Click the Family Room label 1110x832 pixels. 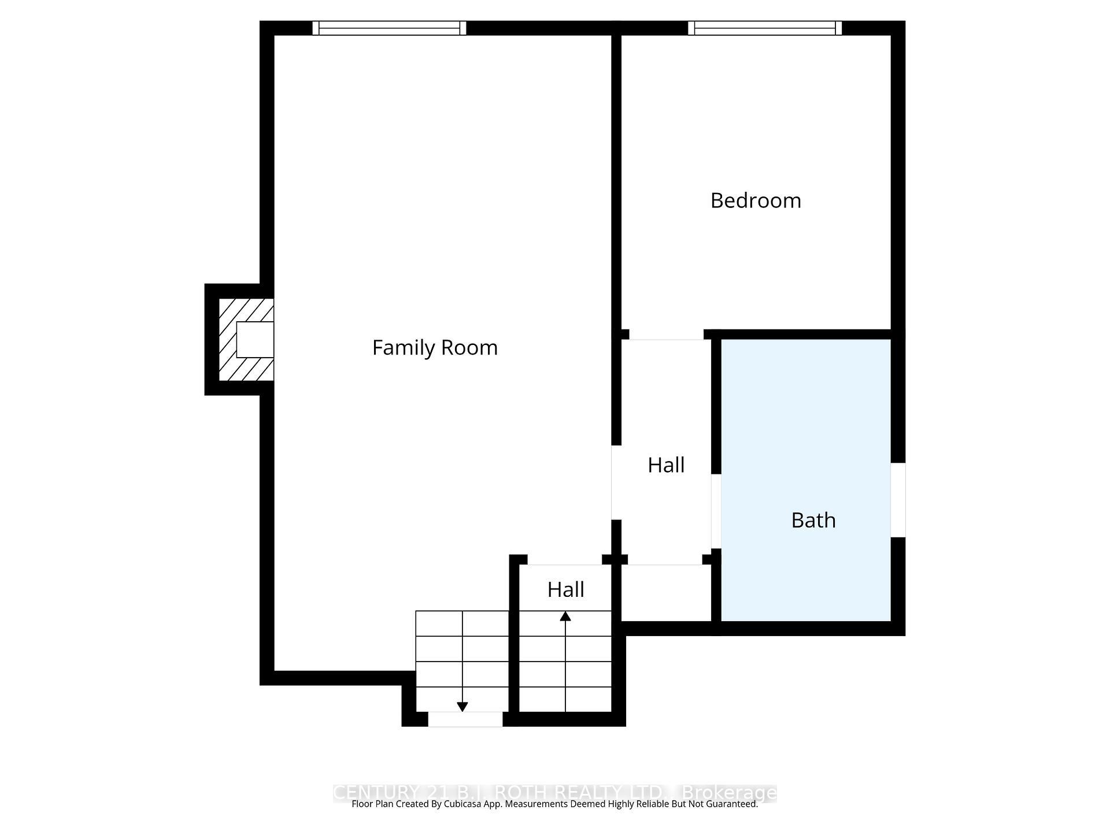point(435,348)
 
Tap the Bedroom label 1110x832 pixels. point(756,201)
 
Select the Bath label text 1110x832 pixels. point(813,521)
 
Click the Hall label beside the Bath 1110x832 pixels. point(666,465)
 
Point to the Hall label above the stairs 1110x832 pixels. point(565,590)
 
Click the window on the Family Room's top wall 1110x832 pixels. point(389,28)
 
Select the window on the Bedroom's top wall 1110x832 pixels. point(765,28)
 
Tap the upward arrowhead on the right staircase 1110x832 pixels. point(565,616)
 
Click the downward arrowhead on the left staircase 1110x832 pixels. point(462,707)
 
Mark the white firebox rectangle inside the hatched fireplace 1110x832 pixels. point(255,340)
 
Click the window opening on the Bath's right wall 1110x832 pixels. point(898,500)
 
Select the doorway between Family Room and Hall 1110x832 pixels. point(616,482)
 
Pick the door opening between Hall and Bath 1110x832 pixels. point(716,511)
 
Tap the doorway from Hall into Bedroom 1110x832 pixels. point(666,335)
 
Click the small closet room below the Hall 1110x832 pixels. point(665,593)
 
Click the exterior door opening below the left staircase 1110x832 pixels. point(465,719)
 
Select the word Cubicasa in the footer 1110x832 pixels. point(464,804)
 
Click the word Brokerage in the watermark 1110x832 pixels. point(729,793)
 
